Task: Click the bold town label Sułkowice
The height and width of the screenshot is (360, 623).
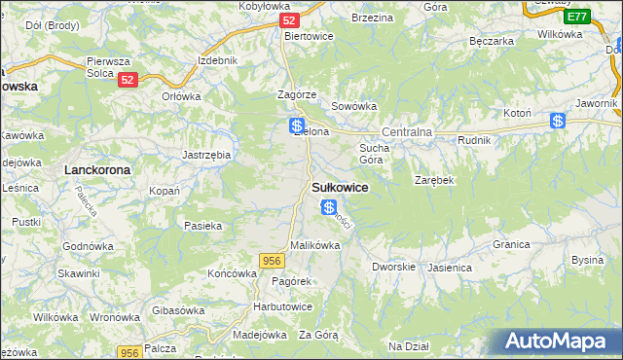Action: coord(339,188)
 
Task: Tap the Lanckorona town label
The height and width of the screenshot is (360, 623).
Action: coord(97,169)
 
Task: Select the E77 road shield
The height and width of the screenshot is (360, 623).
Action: coord(576,17)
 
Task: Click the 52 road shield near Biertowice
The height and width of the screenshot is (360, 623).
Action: coord(287,19)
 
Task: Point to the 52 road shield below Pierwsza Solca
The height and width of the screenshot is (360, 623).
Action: coord(128,82)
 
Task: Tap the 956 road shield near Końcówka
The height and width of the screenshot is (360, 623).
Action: coord(272,259)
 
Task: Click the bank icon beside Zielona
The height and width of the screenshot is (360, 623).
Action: coord(296,126)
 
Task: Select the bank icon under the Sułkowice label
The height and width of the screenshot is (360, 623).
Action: coord(329,207)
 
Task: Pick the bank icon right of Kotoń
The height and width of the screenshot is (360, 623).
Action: coord(558,121)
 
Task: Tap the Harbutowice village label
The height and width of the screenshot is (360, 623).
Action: coord(282,306)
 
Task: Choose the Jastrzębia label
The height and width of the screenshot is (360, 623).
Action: coord(206,154)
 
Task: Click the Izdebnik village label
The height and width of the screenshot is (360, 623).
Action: coord(217,60)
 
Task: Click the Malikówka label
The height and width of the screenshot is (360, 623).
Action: coord(314,245)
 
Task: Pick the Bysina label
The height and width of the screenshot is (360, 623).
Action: coord(587,260)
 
